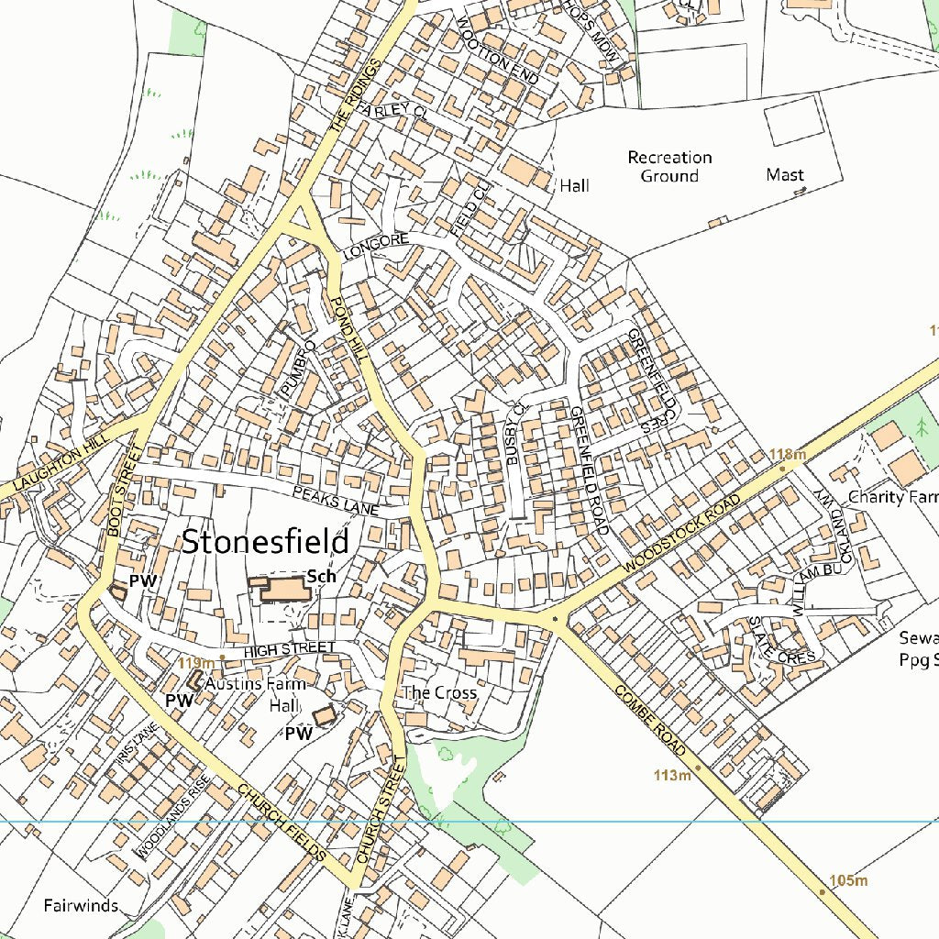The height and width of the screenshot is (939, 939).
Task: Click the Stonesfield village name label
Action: [265, 542]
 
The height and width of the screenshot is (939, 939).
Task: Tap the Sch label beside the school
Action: [321, 576]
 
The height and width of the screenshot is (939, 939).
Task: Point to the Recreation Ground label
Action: [669, 167]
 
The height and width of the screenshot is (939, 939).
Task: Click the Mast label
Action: [785, 174]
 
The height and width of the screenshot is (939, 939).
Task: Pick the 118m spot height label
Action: [788, 454]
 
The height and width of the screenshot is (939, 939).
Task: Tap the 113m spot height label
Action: [672, 776]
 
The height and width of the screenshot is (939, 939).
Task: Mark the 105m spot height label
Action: [848, 881]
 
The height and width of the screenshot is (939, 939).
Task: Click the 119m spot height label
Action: [196, 663]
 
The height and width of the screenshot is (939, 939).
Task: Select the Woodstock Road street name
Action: [680, 536]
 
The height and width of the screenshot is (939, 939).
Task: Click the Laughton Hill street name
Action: [55, 463]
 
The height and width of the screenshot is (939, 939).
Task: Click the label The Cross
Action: [440, 692]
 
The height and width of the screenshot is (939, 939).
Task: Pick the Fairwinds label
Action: [81, 906]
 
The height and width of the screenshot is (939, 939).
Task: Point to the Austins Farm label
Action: [254, 684]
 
